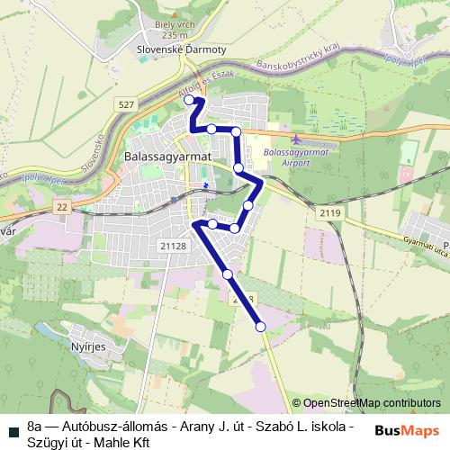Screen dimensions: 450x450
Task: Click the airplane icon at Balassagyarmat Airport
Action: coord(298,139)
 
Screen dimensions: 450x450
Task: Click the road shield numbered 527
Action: coord(125,106)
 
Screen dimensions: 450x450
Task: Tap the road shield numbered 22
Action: coord(61,207)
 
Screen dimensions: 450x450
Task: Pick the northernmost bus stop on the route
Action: coord(190,101)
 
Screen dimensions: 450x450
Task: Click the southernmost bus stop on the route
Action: coord(261,327)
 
